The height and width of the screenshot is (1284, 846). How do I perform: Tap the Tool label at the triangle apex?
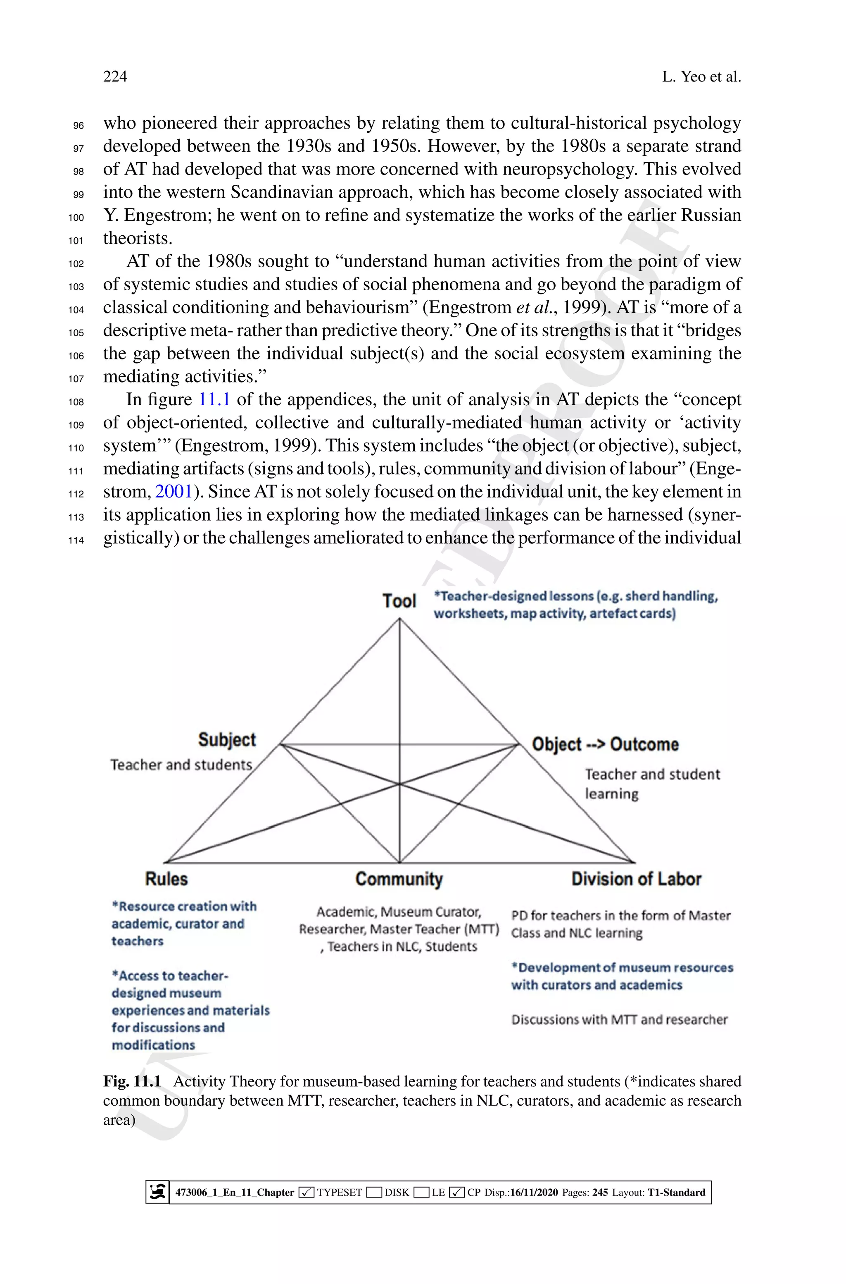(399, 601)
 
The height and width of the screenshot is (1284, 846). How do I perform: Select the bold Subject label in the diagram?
(227, 740)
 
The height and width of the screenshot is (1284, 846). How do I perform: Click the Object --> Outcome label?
(605, 745)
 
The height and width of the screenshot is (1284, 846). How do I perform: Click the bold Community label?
(399, 879)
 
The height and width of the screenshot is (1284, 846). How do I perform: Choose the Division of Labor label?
(636, 879)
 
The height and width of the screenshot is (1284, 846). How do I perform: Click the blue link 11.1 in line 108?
(214, 399)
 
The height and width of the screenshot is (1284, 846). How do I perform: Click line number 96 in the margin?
(79, 126)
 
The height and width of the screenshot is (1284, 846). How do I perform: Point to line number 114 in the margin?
(76, 540)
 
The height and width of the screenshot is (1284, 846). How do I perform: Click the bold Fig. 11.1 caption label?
(132, 1081)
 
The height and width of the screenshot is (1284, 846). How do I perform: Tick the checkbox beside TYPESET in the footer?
(307, 1192)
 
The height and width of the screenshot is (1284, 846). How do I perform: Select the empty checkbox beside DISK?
(374, 1192)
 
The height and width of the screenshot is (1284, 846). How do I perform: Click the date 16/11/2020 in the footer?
(534, 1192)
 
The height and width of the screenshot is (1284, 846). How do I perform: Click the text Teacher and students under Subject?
(181, 765)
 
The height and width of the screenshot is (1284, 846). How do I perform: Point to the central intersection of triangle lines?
(399, 784)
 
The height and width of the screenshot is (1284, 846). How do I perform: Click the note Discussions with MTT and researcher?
(619, 1019)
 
